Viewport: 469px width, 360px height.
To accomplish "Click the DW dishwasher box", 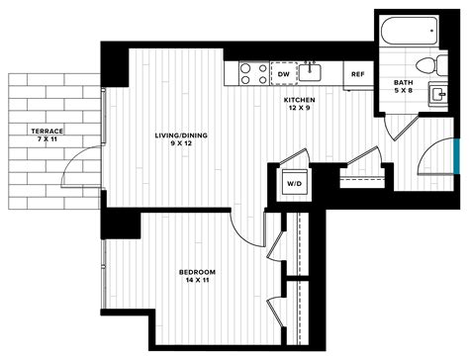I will [x=284, y=74].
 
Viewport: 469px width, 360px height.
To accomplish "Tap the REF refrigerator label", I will [x=357, y=74].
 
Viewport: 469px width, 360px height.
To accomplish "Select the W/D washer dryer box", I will [x=295, y=182].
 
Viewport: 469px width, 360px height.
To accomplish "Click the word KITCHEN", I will [x=299, y=101].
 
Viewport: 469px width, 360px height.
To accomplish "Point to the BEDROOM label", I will [x=198, y=271].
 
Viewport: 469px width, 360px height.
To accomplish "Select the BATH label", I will [x=403, y=83].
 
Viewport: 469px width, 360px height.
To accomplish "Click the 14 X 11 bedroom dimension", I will [x=198, y=281].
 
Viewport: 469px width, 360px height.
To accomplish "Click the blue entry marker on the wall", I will [x=456, y=156].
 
